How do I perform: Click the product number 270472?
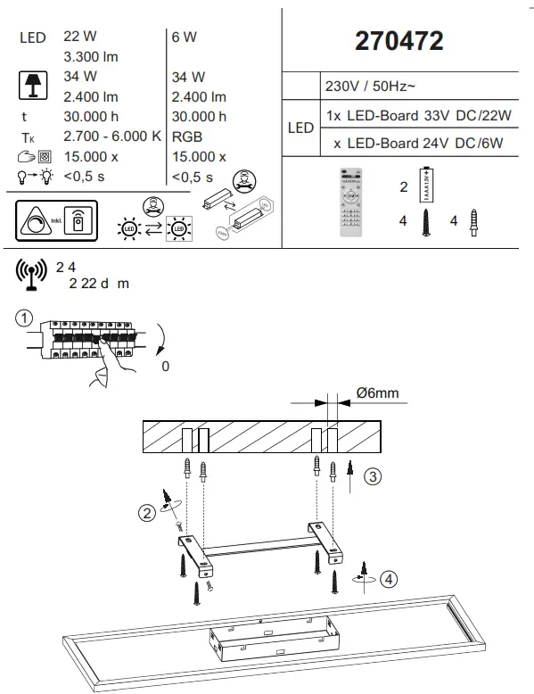click(399, 41)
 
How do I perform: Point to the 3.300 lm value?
click(91, 57)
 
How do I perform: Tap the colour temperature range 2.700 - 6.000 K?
click(112, 136)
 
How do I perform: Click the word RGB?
click(185, 136)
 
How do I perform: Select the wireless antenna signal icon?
click(31, 274)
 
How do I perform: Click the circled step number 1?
click(25, 318)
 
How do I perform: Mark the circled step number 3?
click(375, 476)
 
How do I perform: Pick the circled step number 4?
click(388, 579)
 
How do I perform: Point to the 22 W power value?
click(80, 37)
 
